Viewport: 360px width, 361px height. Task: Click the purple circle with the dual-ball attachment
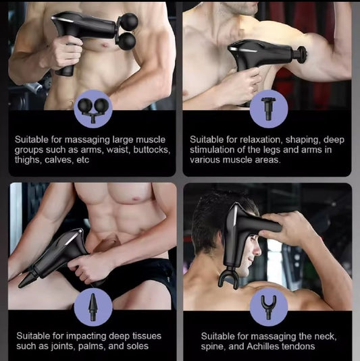point(93,109)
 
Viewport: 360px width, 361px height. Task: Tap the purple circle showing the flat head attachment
point(269,109)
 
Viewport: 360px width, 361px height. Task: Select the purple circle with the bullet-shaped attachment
point(93,307)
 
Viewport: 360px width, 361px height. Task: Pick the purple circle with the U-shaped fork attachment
point(269,307)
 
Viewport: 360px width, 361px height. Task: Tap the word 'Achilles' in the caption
point(265,346)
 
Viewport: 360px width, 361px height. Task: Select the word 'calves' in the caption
point(59,160)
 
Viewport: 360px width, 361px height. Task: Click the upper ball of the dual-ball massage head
point(129,21)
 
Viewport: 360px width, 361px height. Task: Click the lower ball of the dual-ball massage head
point(128,41)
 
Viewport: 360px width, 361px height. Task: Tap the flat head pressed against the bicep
point(302,55)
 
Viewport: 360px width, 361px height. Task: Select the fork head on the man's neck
point(229,278)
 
